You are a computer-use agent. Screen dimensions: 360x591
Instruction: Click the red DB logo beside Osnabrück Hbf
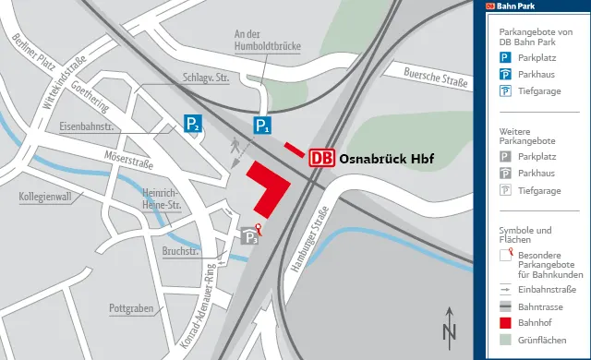coord(320,159)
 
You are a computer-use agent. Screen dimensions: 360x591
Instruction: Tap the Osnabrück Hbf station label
coord(386,159)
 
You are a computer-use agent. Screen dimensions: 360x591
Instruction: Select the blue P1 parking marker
coord(263,126)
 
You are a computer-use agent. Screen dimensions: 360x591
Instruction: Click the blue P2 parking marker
coord(191,124)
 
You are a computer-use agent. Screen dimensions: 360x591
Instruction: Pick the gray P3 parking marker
coord(249,237)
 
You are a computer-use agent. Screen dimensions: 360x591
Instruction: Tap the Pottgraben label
coord(131,307)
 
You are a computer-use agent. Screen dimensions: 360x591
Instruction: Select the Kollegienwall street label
coord(44,198)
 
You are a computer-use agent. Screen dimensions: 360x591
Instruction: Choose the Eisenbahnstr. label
coord(84,126)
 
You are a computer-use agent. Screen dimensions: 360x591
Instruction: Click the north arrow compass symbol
coord(450,325)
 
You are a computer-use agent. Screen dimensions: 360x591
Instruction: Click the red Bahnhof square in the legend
coord(505,323)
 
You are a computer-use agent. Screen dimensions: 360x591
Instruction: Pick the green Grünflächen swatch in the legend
coord(505,341)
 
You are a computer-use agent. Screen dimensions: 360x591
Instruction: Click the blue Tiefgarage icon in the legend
coord(505,91)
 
